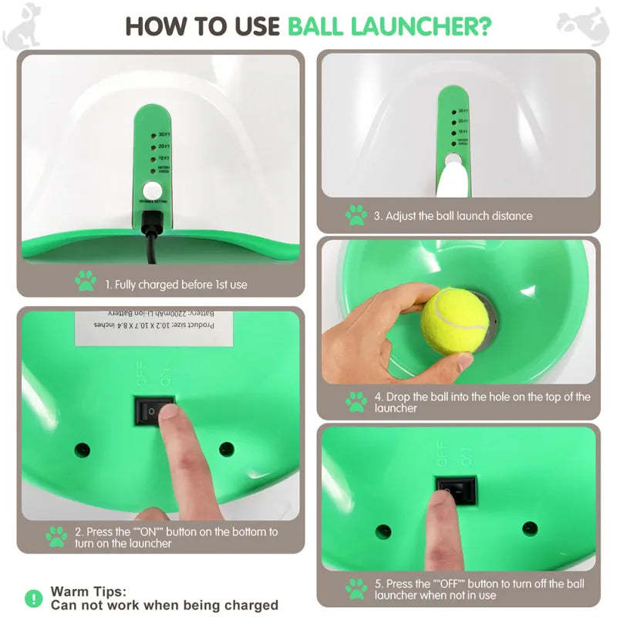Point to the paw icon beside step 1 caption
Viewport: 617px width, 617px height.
pyautogui.click(x=86, y=282)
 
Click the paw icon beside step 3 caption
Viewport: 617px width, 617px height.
pyautogui.click(x=356, y=215)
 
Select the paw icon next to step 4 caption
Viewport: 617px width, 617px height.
pyautogui.click(x=356, y=402)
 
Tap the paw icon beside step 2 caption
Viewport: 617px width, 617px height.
pyautogui.click(x=56, y=537)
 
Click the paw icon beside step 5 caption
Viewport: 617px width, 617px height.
pyautogui.click(x=356, y=589)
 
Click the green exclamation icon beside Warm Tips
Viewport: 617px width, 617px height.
pyautogui.click(x=34, y=598)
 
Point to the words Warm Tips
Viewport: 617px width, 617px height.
pyautogui.click(x=88, y=592)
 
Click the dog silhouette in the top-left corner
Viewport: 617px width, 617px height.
pyautogui.click(x=21, y=23)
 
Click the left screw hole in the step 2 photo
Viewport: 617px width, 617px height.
pyautogui.click(x=81, y=450)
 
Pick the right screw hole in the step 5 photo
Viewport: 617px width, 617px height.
pyautogui.click(x=530, y=528)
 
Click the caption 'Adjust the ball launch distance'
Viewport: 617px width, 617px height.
pyautogui.click(x=453, y=216)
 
